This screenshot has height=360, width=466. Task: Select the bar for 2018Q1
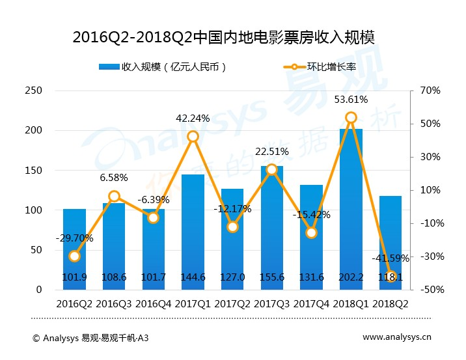[351, 208]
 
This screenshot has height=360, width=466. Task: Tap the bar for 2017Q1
[193, 231]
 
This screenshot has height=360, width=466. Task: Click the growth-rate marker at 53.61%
[351, 118]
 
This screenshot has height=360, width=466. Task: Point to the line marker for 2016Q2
[74, 256]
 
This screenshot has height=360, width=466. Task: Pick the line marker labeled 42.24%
[193, 137]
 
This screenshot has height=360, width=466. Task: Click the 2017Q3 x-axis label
[272, 304]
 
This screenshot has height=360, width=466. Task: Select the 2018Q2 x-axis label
[391, 304]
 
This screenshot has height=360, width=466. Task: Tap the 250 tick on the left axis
[33, 90]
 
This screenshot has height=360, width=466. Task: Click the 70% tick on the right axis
[431, 90]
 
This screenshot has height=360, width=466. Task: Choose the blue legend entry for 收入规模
[163, 67]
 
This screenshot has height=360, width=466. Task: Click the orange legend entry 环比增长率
[319, 67]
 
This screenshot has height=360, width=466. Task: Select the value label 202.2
[351, 277]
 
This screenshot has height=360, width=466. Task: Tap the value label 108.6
[114, 277]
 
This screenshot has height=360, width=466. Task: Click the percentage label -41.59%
[391, 258]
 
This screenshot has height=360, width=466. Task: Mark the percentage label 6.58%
[114, 178]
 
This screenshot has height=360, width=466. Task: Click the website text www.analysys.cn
[396, 338]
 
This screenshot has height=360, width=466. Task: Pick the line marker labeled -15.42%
[311, 232]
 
